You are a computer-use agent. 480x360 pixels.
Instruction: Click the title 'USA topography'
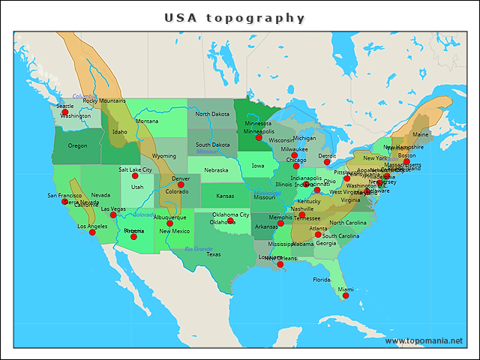(x=235, y=18)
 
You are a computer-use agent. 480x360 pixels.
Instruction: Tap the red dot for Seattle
(x=64, y=112)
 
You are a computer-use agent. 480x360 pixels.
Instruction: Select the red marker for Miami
(x=346, y=295)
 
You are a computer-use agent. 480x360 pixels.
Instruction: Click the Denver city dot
(x=181, y=184)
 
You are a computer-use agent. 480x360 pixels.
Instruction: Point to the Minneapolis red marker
(x=259, y=137)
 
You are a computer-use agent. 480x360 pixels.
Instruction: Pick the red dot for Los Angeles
(x=92, y=232)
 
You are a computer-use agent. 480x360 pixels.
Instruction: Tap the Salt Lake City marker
(x=135, y=176)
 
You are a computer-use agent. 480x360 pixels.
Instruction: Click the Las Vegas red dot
(x=113, y=215)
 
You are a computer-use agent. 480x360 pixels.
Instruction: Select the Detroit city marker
(x=327, y=162)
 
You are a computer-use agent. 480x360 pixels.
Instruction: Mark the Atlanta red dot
(x=318, y=235)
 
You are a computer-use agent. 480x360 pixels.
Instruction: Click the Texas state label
(x=214, y=254)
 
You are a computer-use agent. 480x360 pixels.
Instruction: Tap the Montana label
(x=147, y=121)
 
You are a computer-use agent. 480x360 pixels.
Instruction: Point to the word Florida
(x=321, y=280)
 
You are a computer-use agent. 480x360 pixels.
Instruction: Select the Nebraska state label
(x=216, y=169)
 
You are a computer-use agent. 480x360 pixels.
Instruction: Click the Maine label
(x=421, y=135)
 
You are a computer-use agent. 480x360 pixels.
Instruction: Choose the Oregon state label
(x=77, y=145)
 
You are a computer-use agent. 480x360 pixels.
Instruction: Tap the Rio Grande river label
(x=199, y=248)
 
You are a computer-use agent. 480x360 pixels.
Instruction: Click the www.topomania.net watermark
(x=424, y=340)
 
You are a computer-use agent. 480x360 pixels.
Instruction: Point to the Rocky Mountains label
(x=104, y=100)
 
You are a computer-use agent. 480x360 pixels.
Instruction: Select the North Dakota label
(x=212, y=114)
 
